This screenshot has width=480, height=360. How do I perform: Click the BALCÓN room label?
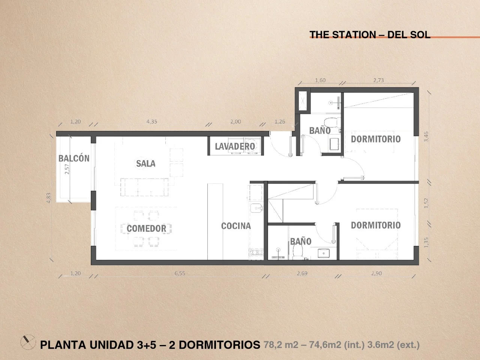click(x=74, y=158)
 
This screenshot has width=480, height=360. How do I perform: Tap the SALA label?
click(x=145, y=163)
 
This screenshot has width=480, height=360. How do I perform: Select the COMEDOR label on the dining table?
click(x=146, y=228)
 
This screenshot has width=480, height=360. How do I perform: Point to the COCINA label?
click(x=236, y=226)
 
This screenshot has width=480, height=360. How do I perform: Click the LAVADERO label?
click(x=235, y=147)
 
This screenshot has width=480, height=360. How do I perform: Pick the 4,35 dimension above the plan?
click(x=152, y=121)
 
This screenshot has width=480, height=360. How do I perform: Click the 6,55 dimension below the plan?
click(x=180, y=273)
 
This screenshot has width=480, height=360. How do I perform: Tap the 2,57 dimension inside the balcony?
click(x=67, y=169)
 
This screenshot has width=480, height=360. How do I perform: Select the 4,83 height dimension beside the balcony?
click(x=48, y=198)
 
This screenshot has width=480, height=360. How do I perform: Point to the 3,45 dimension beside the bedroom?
click(x=426, y=136)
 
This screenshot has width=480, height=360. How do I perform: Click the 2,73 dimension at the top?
click(x=378, y=80)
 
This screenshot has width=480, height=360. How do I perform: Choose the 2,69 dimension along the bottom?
click(x=302, y=273)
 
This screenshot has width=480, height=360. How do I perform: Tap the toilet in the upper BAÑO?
click(x=332, y=122)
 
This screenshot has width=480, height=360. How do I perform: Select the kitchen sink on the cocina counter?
click(x=256, y=208)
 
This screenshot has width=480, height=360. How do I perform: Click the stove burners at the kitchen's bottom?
click(x=256, y=253)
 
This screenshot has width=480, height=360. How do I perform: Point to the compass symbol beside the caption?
click(x=28, y=342)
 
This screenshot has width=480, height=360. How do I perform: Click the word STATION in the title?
click(x=354, y=34)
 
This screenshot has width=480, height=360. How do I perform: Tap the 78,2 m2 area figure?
click(x=281, y=345)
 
